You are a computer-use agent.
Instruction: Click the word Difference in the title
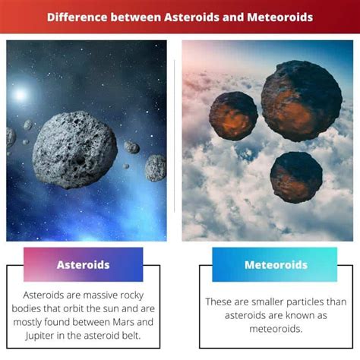tap(77, 17)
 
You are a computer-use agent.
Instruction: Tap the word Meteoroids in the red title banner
tap(280, 17)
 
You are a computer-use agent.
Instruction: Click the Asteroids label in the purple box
tap(84, 265)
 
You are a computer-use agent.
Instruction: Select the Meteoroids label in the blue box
tap(276, 265)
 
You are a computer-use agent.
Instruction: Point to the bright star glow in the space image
tap(21, 95)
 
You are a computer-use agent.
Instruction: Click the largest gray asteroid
tap(75, 150)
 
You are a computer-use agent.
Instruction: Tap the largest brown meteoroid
tap(302, 100)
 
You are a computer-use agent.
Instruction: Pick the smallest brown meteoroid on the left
tap(233, 116)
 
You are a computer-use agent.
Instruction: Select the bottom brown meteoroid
tap(296, 177)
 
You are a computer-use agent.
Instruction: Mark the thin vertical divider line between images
tap(175, 136)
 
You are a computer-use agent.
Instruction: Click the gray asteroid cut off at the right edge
tap(156, 168)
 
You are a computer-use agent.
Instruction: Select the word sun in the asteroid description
tap(111, 308)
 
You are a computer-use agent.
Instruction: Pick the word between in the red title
tap(136, 17)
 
